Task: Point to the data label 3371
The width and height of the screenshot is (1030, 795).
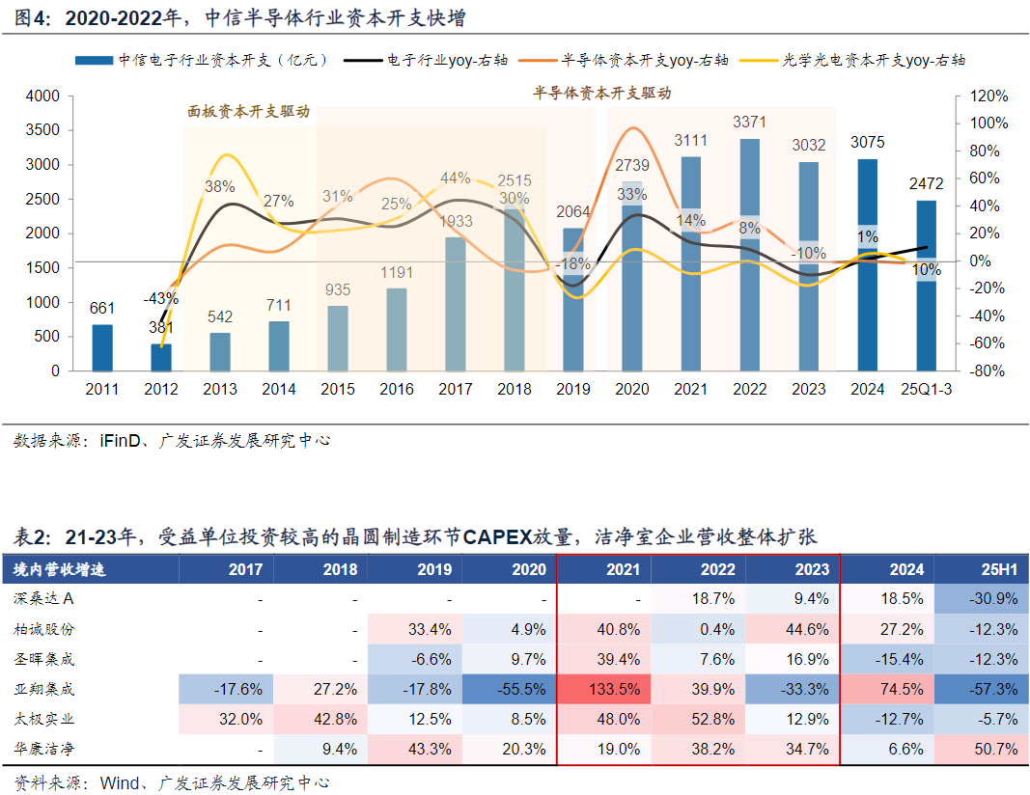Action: pyautogui.click(x=750, y=123)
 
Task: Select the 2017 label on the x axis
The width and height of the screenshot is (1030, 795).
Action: pyautogui.click(x=456, y=390)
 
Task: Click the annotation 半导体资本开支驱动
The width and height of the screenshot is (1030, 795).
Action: pyautogui.click(x=602, y=94)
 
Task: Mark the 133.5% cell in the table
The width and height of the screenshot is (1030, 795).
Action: pyautogui.click(x=614, y=690)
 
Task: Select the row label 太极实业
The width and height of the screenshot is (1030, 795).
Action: pyautogui.click(x=44, y=720)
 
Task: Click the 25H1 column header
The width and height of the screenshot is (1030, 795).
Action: pyautogui.click(x=994, y=569)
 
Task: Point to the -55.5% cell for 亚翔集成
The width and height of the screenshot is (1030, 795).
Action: pyautogui.click(x=520, y=690)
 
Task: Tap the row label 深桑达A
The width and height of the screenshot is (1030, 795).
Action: pyautogui.click(x=44, y=599)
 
